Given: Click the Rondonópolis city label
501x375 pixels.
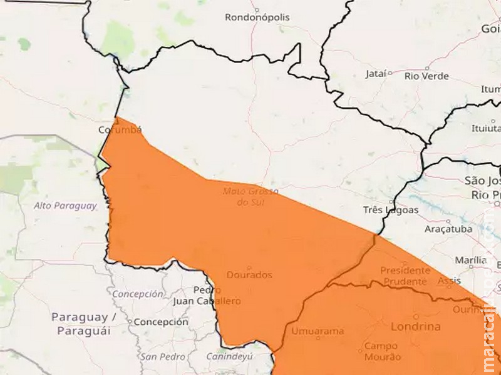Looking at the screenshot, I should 257,17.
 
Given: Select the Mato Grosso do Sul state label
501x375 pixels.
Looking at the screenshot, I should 250,197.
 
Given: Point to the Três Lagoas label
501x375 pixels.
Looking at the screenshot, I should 391,210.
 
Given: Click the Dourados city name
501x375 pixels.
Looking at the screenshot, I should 249,274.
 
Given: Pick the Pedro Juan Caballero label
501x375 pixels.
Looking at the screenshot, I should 217,296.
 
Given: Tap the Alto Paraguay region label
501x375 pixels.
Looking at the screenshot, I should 66,206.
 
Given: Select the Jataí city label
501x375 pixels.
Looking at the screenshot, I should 376,74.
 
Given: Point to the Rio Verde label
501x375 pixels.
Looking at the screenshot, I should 427,76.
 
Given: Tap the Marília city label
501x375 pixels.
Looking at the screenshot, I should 471,259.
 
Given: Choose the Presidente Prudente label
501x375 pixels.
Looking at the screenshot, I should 405,276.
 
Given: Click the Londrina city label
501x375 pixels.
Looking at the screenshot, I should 415,326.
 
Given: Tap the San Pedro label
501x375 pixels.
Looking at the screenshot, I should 163,357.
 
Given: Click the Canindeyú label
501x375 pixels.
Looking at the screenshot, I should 230,357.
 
